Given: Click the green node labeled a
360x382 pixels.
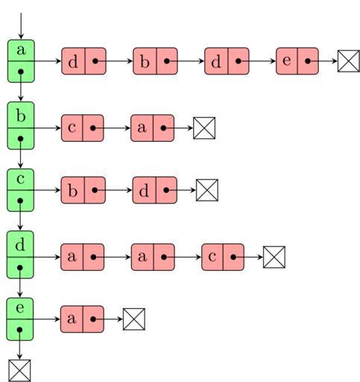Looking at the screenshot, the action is coord(21,61).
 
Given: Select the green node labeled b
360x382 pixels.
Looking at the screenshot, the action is coord(21,125).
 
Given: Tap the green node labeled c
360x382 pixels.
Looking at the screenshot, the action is coord(20,190).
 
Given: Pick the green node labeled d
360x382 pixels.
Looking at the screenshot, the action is coord(20,254).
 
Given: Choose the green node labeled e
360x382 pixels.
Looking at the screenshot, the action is coord(20,319).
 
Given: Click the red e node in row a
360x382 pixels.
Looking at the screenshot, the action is coord(297,61).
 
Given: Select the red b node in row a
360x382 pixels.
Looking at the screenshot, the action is coord(155,61).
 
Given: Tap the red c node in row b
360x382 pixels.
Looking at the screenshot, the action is coord(83,128).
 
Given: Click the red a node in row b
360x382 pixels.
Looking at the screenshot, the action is coord(153,128).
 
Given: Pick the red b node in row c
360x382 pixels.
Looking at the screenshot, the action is coord(83,190).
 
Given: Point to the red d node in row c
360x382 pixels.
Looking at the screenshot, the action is coord(155,190).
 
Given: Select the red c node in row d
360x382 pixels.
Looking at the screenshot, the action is coord(223,257).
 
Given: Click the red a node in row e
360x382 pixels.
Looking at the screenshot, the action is coord(82,319).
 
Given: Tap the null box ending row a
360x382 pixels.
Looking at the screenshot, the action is coord(349,61).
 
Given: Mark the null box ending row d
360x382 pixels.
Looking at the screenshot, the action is coord(274,257).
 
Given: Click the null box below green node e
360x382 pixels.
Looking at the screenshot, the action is coord(19,371).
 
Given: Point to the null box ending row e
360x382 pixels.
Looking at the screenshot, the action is coord(134,319).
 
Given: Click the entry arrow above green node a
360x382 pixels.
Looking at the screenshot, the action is coord(21,26).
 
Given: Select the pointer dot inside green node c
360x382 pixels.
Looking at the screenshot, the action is coord(20,201).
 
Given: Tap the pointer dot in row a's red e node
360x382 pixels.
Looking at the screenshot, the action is coord(308,61).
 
